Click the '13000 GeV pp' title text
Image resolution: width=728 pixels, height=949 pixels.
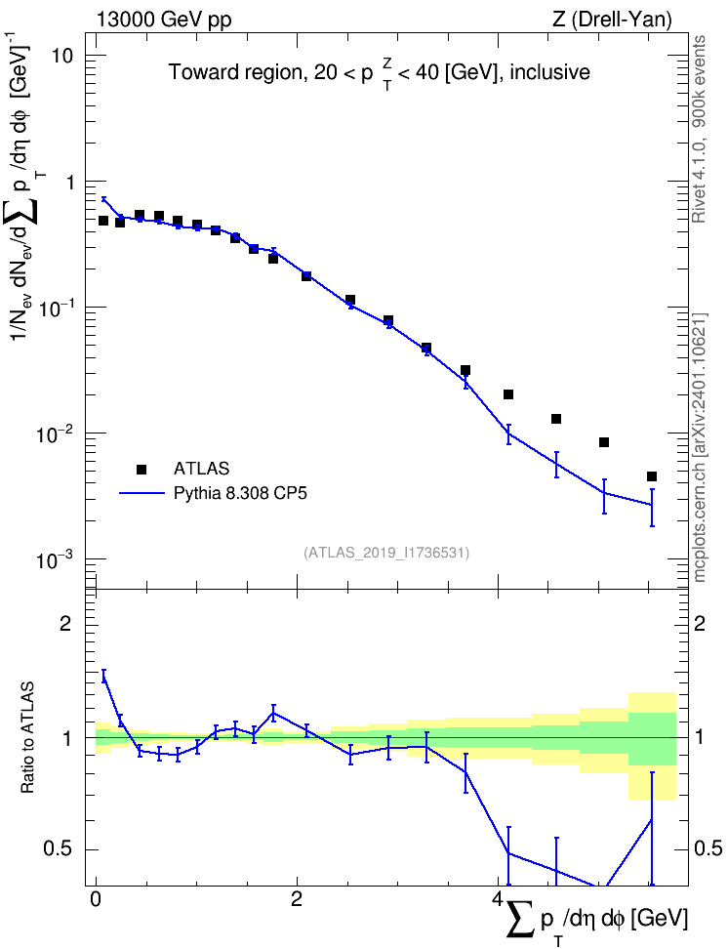point(164,20)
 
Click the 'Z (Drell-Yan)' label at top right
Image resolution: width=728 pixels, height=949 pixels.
point(612,20)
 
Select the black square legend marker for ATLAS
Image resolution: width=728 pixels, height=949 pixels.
point(141,469)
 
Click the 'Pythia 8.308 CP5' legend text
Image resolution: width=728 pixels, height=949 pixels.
point(240,493)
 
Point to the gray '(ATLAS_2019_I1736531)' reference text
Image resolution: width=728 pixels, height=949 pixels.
point(386,553)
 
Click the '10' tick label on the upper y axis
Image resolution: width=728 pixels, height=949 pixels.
point(61,56)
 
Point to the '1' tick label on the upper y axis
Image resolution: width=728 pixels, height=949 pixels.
point(67,182)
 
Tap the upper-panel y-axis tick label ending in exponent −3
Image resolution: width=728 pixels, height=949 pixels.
point(55,558)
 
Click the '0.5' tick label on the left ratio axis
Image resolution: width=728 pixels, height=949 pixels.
point(60,849)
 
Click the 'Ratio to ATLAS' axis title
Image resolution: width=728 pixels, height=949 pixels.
point(27,738)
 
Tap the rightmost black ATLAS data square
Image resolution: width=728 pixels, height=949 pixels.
point(652,476)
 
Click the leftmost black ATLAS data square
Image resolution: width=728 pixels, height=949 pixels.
point(103,221)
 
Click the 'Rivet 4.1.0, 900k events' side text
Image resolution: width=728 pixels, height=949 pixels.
point(699,129)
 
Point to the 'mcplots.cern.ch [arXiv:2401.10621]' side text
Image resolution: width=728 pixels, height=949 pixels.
point(700,447)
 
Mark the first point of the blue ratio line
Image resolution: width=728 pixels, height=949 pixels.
point(103,678)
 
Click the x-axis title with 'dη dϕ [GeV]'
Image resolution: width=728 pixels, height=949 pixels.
point(596,921)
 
